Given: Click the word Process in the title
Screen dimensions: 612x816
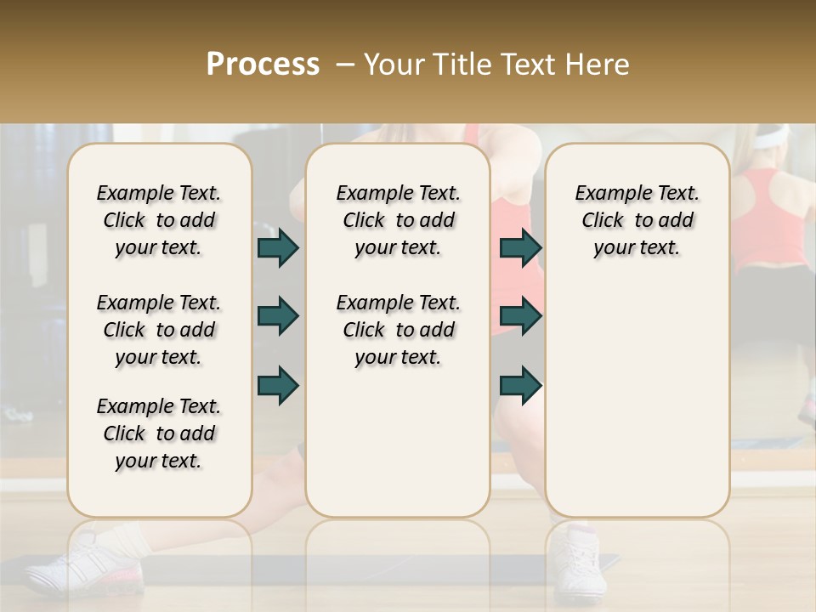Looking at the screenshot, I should coord(263,64).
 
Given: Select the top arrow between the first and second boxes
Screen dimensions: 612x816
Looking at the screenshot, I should coord(278,247).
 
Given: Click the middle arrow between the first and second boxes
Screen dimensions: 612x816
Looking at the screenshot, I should coord(278,316).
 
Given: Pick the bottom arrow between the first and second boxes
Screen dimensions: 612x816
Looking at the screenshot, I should coord(278,385).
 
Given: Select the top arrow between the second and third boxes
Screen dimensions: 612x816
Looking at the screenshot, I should coord(520,247).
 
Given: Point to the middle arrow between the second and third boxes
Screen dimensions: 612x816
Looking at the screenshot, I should coord(520,316).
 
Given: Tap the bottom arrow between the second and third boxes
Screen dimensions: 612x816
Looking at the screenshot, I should coord(520,385).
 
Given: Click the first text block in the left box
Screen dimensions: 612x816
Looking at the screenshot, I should coord(159,220).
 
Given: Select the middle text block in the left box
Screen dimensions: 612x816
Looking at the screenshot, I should coord(159,330).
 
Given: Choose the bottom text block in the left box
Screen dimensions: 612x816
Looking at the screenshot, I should coord(159,433).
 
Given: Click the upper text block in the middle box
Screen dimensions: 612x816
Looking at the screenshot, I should coord(398,220).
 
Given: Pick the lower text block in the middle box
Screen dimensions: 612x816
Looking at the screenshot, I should coord(398,330).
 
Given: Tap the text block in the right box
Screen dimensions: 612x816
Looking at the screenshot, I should coord(637,220).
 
